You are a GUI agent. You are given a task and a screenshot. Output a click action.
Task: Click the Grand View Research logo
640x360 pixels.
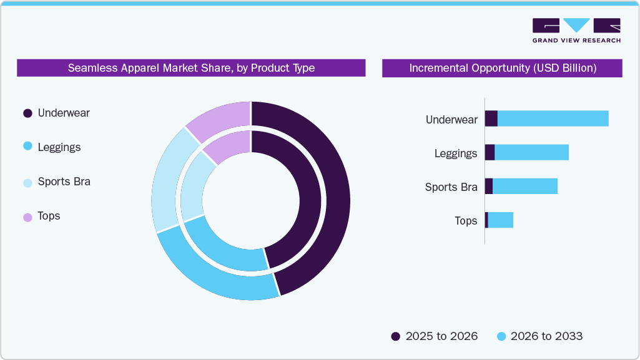(576, 30)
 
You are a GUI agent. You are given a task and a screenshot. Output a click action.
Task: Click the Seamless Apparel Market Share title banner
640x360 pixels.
(191, 68)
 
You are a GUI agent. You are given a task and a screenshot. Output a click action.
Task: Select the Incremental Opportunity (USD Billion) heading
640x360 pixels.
(502, 68)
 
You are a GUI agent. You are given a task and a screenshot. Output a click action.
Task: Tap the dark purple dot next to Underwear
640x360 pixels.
(27, 113)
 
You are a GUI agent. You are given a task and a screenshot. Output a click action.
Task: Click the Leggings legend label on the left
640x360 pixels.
(59, 147)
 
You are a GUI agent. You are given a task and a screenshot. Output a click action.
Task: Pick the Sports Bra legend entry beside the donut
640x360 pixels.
(64, 182)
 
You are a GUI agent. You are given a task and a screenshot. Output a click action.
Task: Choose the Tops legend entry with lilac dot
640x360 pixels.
(49, 216)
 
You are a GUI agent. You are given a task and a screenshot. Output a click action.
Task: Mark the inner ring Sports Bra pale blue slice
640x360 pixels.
(191, 187)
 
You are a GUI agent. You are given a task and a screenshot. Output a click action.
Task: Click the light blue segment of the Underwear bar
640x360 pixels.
(553, 119)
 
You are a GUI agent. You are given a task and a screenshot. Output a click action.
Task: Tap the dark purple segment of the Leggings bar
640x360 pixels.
(490, 152)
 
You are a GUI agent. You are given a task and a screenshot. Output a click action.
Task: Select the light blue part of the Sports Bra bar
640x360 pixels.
(524, 186)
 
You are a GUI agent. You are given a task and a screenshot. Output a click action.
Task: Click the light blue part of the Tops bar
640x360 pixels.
(501, 220)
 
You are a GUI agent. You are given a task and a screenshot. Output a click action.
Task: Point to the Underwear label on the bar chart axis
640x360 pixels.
(451, 119)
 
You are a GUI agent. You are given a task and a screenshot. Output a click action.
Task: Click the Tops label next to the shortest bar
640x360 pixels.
(466, 221)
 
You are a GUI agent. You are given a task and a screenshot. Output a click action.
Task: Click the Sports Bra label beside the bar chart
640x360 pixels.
(451, 187)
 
